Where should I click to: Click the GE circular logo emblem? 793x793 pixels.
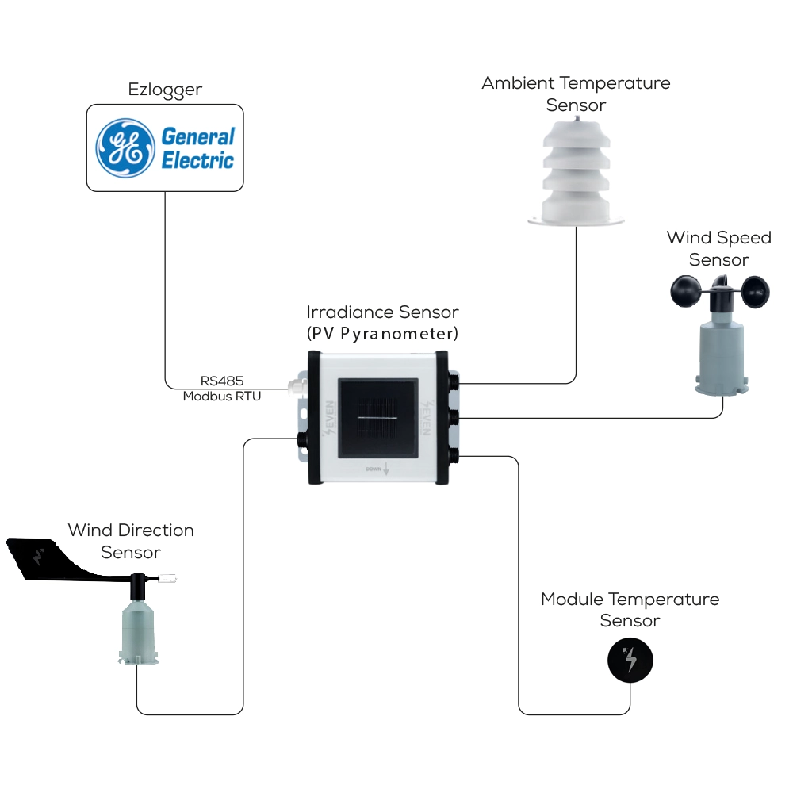pos(125,147)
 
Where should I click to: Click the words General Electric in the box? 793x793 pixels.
pos(198,147)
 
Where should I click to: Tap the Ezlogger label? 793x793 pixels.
pos(165,90)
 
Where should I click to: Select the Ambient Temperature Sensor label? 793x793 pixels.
pos(576,94)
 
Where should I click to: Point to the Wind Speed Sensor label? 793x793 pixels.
pos(718,248)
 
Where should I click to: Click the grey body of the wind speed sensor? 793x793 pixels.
pos(721,353)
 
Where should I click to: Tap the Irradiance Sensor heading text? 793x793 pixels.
pos(382,312)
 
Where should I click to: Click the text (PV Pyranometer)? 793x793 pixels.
pos(382,332)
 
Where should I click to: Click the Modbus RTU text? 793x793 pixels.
pos(221,396)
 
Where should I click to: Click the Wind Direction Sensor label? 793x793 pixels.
pos(131,541)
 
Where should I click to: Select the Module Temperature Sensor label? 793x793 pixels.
pos(630,609)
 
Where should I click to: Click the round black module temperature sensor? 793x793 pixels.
pos(630,660)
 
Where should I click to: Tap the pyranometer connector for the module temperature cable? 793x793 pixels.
pos(454,455)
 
